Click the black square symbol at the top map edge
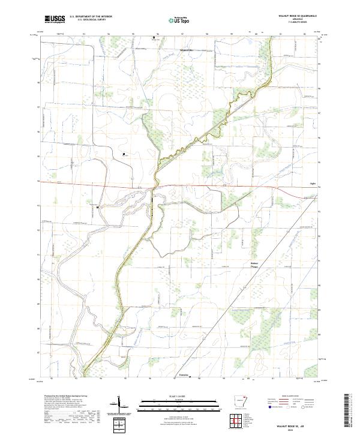pyautogui.click(x=153, y=37)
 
